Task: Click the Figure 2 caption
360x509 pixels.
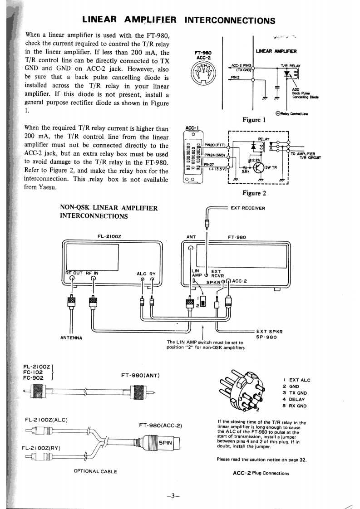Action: click(254, 193)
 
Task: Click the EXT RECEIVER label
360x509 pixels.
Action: click(247, 208)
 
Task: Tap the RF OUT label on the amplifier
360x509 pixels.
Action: click(74, 273)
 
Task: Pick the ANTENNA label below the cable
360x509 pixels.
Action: click(71, 337)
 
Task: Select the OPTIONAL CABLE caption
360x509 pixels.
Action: click(95, 471)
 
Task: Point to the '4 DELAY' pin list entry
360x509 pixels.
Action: click(295, 399)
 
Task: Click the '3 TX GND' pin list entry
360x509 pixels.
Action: click(296, 393)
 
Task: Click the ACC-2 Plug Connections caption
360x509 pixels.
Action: click(261, 473)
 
